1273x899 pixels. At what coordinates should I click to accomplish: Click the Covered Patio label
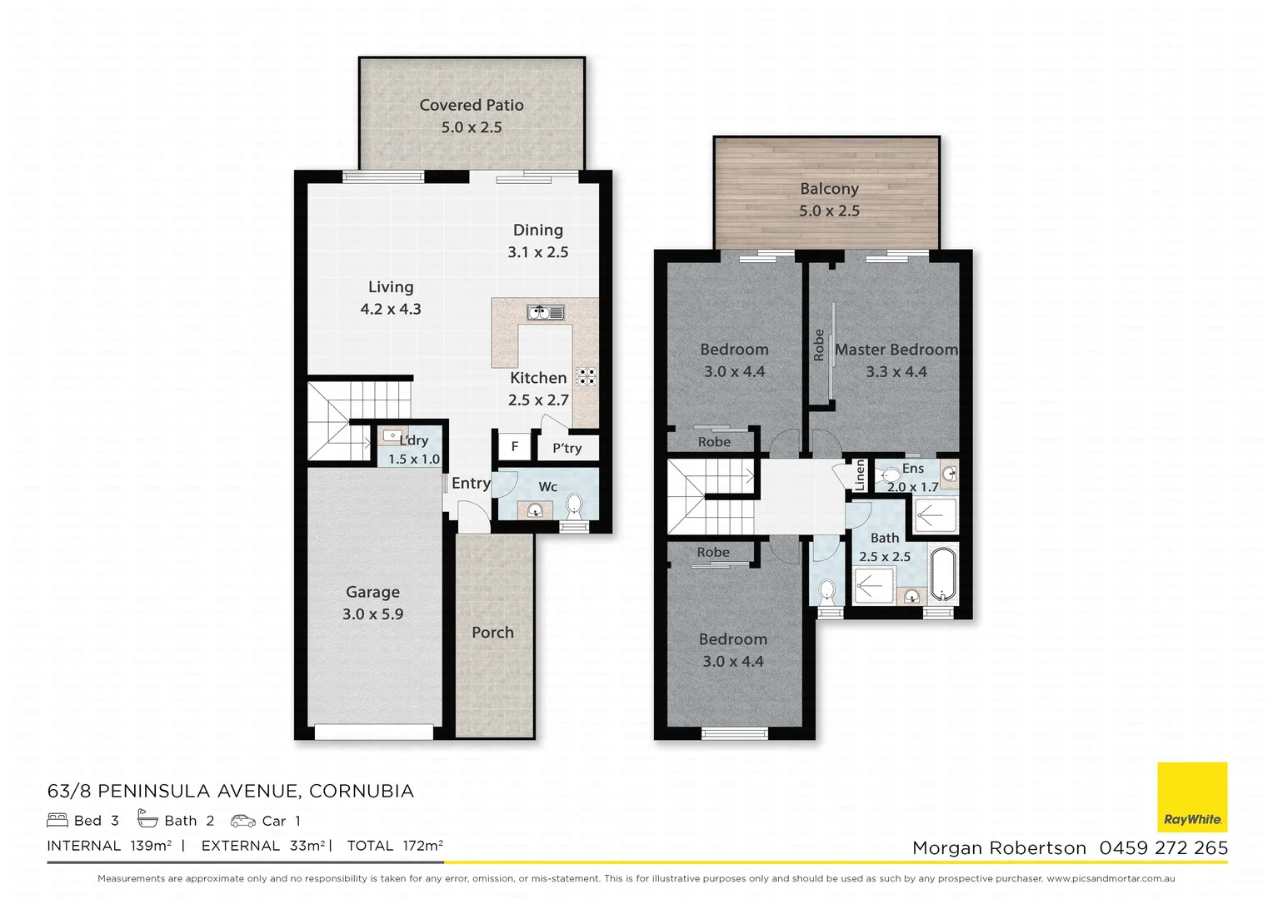[x=471, y=105]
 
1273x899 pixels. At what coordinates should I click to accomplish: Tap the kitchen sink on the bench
[x=546, y=312]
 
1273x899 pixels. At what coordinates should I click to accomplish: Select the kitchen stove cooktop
[x=587, y=376]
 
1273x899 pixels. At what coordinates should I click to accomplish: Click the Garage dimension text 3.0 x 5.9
[x=372, y=614]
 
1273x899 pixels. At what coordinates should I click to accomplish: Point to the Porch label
[x=492, y=633]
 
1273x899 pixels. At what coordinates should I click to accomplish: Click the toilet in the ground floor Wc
[x=574, y=504]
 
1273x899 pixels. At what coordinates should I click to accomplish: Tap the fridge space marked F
[x=515, y=446]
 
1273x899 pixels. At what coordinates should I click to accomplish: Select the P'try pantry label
[x=567, y=448]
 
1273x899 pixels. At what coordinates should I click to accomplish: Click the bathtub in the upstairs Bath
[x=943, y=574]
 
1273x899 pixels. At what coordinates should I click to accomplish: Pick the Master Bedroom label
[x=896, y=350]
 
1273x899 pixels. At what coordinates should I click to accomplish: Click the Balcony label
[x=829, y=189]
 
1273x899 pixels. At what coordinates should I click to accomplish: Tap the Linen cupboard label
[x=860, y=475]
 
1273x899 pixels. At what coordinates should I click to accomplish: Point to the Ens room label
[x=913, y=469]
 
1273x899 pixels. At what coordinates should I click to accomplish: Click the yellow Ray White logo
[x=1192, y=797]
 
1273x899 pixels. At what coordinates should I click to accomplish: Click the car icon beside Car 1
[x=243, y=821]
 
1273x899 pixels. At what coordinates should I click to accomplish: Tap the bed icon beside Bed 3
[x=57, y=820]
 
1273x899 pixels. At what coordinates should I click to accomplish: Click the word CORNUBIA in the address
[x=362, y=791]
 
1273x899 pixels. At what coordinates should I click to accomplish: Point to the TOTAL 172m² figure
[x=395, y=846]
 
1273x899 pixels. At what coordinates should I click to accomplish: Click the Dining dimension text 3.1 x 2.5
[x=537, y=252]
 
